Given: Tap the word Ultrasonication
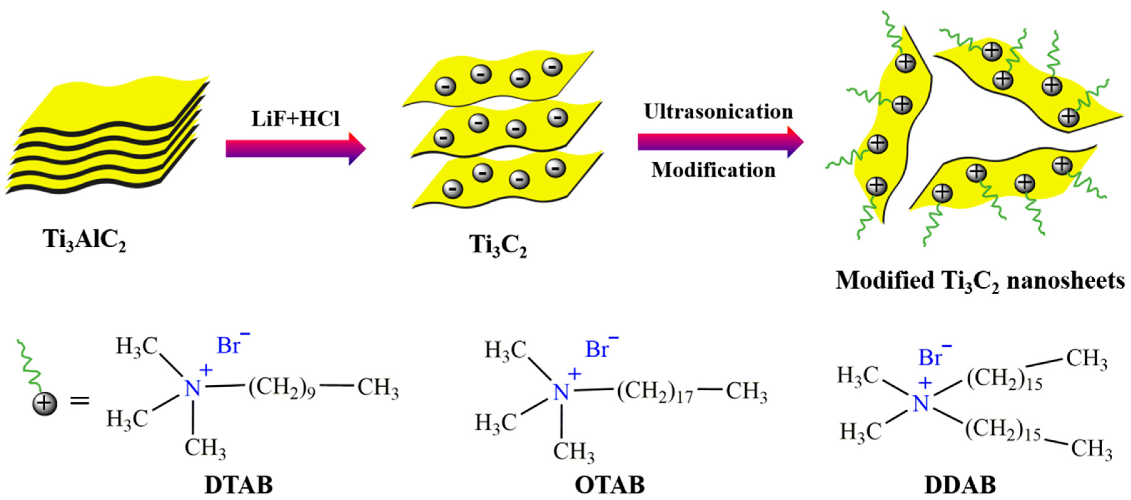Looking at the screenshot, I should pos(718,111).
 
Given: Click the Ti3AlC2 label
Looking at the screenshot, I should pos(84,241).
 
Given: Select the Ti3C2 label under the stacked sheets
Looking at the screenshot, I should pos(497,245).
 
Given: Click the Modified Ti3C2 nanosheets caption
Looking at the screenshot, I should pos(980,281).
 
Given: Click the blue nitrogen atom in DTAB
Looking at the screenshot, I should pos(192,389).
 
